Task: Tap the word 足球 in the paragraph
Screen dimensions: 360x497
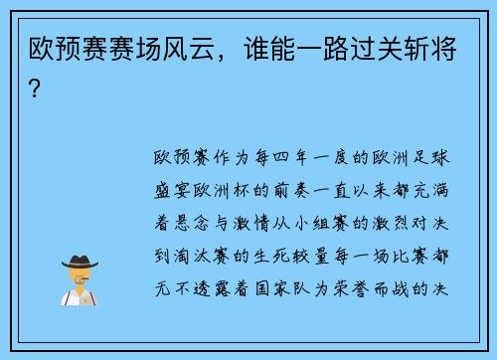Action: pos(436,158)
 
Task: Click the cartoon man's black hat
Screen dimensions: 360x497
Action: pos(80,261)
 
